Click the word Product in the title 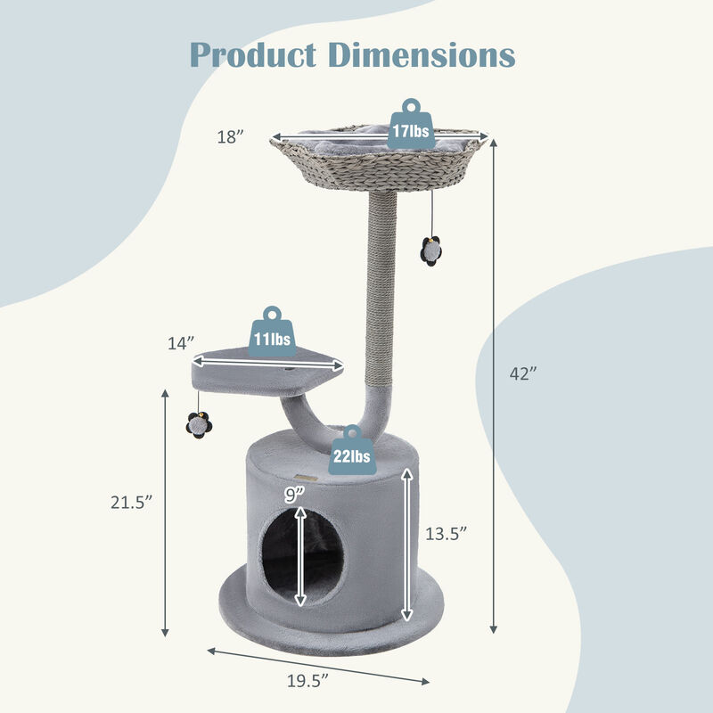tap(254, 55)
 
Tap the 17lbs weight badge tap(410, 126)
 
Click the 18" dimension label tap(230, 136)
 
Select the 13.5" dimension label tap(446, 534)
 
